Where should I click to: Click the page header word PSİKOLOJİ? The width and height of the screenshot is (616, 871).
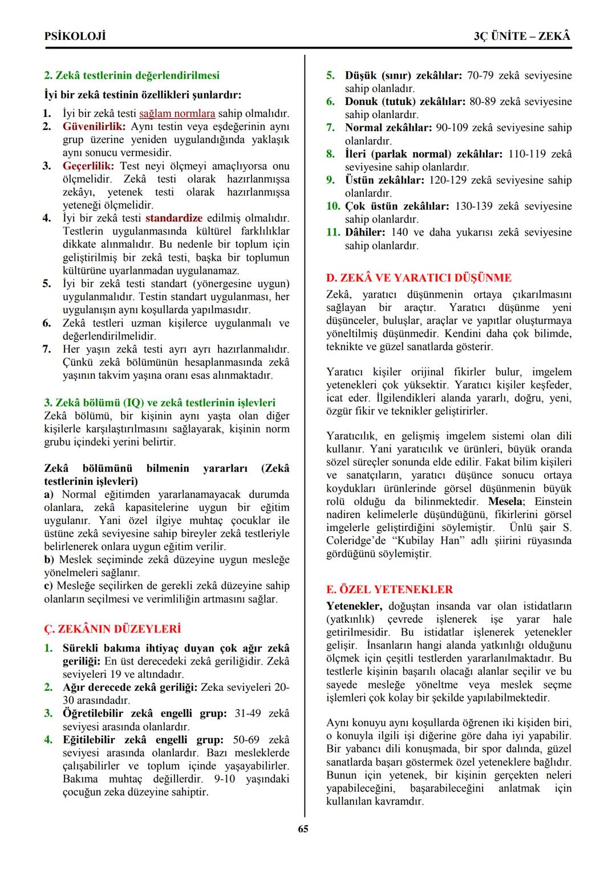point(75,36)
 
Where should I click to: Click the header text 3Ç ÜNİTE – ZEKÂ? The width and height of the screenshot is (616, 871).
point(522,36)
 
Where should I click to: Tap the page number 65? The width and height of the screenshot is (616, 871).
point(303,829)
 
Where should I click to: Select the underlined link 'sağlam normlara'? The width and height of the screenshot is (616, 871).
point(177,114)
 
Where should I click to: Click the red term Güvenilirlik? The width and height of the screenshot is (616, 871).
point(94,127)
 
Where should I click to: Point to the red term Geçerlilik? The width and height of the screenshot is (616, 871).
point(88,166)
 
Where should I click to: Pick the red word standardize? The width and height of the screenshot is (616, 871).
point(173,218)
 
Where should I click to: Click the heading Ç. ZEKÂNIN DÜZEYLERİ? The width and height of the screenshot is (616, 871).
point(112,629)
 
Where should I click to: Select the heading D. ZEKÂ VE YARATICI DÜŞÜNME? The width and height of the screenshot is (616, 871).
point(419,278)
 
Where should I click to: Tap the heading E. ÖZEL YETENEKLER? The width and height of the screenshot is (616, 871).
point(390,589)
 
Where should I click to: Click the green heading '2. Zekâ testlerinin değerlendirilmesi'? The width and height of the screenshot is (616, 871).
point(132,75)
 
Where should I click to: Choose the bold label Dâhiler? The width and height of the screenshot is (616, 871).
point(365,232)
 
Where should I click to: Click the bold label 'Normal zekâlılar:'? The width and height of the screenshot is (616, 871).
point(388,127)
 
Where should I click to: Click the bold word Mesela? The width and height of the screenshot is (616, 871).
point(505,501)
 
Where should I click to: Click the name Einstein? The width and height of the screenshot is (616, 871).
point(552,501)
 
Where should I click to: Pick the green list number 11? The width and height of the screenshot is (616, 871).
point(333,232)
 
